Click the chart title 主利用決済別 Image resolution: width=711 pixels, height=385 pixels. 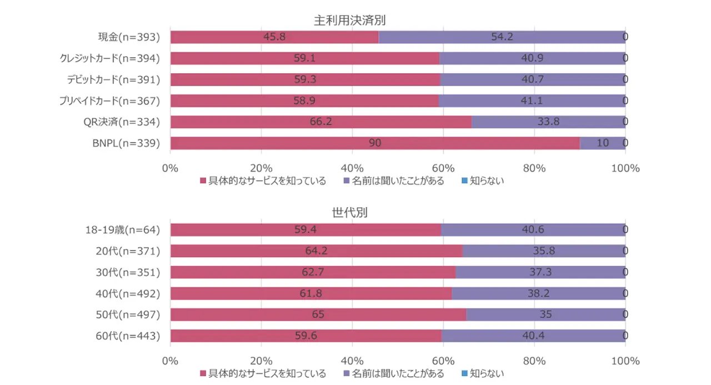349,21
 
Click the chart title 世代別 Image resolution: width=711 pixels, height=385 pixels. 349,212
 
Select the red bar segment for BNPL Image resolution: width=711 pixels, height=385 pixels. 375,143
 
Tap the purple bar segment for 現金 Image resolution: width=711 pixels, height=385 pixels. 502,37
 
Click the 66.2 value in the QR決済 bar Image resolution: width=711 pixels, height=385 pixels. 321,122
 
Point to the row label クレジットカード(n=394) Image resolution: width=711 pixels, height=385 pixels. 110,58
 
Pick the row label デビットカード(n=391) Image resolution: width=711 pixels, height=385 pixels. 113,79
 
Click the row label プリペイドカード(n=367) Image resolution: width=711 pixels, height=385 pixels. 110,101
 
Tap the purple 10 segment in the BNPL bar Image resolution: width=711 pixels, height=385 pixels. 603,143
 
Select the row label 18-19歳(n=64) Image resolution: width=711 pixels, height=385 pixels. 123,230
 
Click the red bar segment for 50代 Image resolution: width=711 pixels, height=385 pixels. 318,314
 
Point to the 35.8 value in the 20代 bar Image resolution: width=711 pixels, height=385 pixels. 544,251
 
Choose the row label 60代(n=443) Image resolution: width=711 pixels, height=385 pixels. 128,336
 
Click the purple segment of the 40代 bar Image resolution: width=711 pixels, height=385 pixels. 538,293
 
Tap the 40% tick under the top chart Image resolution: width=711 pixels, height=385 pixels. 352,168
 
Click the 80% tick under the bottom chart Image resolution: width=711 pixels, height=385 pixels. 534,361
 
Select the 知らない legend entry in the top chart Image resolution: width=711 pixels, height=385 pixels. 483,181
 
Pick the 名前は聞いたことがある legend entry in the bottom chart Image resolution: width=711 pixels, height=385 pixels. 394,373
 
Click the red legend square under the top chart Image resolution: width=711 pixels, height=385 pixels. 203,181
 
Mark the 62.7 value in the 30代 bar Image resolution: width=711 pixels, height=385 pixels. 313,272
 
